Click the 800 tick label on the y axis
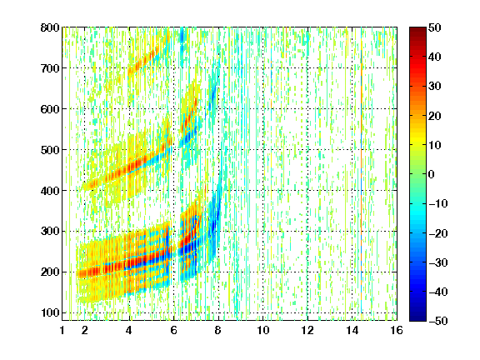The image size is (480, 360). tap(50, 27)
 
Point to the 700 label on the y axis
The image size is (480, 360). tap(50, 68)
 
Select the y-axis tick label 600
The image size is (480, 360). tap(50, 109)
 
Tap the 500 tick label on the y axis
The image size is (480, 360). tap(50, 150)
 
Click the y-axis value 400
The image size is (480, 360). tap(50, 191)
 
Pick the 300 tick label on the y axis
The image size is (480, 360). tap(50, 232)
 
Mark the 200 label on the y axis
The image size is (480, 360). tap(50, 272)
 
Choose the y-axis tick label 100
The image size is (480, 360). tap(50, 312)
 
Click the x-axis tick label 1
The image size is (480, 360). tap(62, 330)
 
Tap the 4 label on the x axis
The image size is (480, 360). tap(129, 330)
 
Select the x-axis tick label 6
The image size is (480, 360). tap(174, 330)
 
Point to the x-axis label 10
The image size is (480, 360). tap(263, 330)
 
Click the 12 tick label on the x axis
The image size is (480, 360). tap(307, 330)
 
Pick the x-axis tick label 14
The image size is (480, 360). tap(352, 330)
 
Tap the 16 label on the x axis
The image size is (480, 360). tap(397, 330)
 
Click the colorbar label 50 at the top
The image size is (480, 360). tap(434, 27)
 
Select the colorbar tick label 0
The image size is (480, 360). tap(432, 174)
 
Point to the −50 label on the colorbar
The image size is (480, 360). tap(438, 321)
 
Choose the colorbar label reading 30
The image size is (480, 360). tap(434, 87)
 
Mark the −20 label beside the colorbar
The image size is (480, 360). tap(438, 233)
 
